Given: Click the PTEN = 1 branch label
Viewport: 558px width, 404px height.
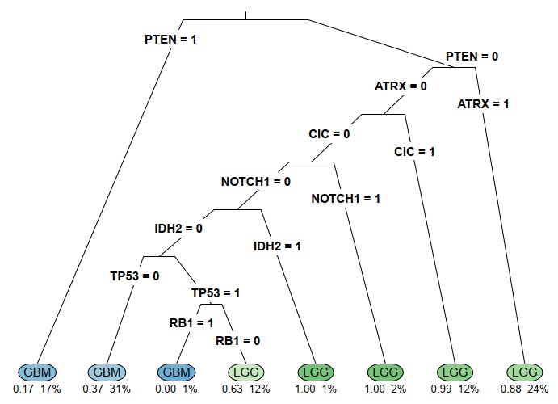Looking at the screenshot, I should [170, 38].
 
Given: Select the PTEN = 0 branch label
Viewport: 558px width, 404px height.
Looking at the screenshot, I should [472, 57].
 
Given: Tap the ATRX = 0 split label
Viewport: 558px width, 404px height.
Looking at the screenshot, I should [401, 86].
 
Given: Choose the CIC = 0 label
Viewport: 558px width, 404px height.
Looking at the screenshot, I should [329, 133].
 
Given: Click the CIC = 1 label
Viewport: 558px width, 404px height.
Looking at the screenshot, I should [414, 151].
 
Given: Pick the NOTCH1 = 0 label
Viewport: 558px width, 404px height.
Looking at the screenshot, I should [255, 181].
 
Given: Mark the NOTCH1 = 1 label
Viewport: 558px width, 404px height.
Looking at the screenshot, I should [346, 199].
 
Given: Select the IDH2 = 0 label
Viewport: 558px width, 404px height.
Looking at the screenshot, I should [179, 229].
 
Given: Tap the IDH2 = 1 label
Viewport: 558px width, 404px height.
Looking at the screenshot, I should [277, 246].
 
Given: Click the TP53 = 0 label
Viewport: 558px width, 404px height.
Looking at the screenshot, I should [135, 276].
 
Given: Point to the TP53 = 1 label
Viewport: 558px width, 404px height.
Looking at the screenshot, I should [216, 292].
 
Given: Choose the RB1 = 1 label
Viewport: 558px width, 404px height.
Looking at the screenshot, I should [191, 323].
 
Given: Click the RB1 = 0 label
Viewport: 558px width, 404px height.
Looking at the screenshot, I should [238, 340].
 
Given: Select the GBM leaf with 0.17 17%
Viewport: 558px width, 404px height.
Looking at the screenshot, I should [37, 372].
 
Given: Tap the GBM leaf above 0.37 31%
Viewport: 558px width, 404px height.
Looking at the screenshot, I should [107, 372].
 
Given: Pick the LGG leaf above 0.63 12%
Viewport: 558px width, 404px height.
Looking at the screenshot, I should [245, 372].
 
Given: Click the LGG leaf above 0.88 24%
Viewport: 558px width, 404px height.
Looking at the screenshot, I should [525, 372].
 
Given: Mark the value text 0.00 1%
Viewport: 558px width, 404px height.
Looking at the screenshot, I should [176, 389].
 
